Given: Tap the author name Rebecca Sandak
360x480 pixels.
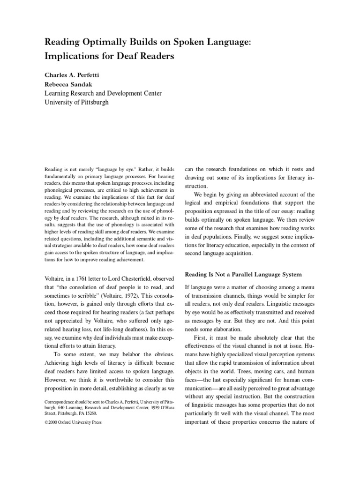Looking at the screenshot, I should tap(68, 84).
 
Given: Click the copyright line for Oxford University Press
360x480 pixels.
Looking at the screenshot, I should tap(73, 421).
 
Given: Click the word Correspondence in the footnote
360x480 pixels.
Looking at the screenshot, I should tap(60, 401).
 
